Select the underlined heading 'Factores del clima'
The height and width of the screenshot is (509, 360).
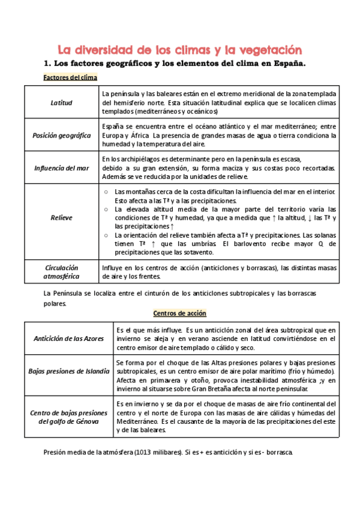[x=70, y=78]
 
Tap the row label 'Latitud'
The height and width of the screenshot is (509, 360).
[x=61, y=103]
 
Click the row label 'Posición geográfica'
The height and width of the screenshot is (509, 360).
[x=61, y=135]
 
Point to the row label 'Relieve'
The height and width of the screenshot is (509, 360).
[x=61, y=217]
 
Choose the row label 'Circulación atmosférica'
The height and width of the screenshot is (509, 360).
[x=61, y=272]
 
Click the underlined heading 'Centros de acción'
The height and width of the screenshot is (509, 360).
[x=179, y=313]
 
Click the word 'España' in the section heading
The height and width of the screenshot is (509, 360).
[x=285, y=64]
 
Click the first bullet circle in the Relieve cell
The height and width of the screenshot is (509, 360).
[x=106, y=191]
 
